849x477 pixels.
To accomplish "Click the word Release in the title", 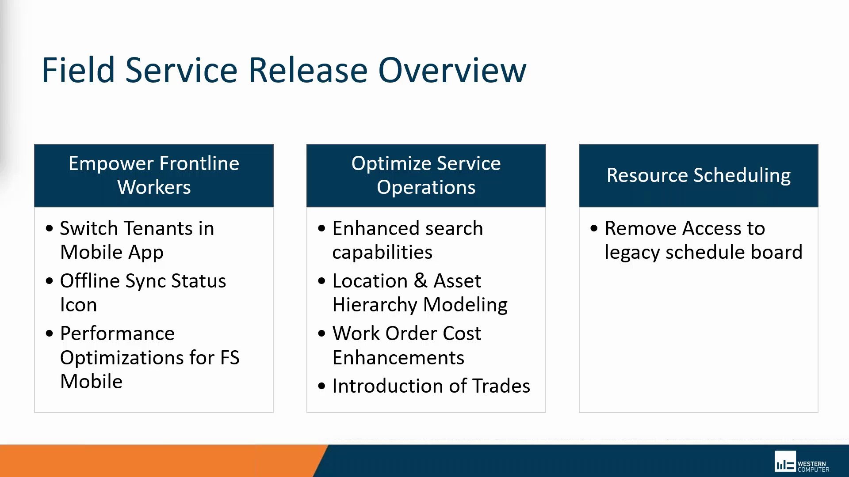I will point(308,71).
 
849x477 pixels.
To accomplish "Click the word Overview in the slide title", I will point(452,71).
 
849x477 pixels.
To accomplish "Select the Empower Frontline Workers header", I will point(154,175).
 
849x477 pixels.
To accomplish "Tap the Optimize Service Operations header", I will point(426,175).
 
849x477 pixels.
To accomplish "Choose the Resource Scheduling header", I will point(698,175).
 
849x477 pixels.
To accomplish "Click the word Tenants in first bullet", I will point(158,229).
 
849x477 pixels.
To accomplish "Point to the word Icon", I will point(78,305).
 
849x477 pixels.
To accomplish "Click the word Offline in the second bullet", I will point(90,281).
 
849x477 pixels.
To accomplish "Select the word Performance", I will point(117,334).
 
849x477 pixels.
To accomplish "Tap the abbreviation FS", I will point(229,358).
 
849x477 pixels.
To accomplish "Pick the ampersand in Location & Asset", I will point(420,281).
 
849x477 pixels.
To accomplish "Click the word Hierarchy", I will point(375,305).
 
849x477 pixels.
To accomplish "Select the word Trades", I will point(501,386).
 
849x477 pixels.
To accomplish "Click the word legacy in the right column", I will point(632,253).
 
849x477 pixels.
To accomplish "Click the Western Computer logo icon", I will point(785,462).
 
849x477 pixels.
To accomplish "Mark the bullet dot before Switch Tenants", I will point(49,229).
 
